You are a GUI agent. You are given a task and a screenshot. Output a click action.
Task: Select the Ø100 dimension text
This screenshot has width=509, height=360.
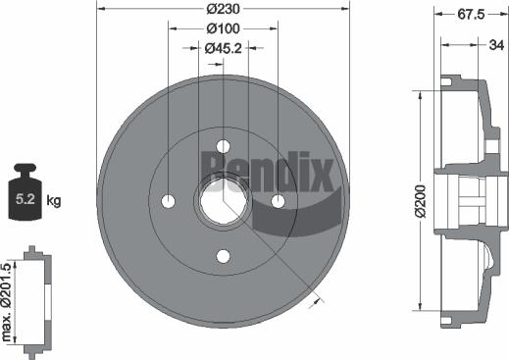(224, 29)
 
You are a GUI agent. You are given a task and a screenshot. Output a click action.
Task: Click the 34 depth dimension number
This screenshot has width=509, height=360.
(496, 45)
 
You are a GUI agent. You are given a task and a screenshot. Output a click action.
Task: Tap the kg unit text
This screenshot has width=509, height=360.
(54, 201)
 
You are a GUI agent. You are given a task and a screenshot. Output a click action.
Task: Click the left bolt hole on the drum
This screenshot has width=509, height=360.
(168, 201)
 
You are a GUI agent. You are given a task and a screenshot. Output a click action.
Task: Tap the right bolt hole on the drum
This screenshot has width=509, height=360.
(279, 201)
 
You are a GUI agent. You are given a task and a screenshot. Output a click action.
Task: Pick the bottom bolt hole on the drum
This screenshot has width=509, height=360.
(224, 257)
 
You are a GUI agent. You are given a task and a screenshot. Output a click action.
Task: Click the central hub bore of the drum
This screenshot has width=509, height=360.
(222, 201)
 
